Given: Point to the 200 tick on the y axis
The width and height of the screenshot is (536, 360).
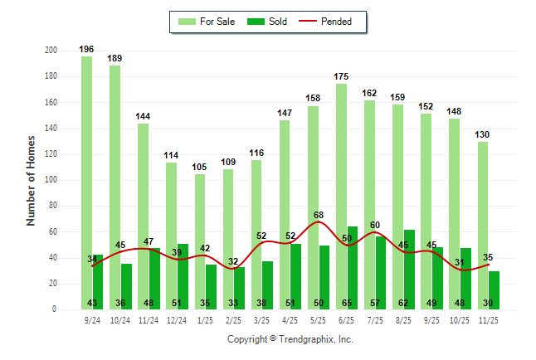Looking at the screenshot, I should coord(51,51).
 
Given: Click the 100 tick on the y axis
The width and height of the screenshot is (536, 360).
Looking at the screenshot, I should coord(51,180).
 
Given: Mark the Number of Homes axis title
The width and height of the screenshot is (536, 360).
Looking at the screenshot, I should coord(32,180).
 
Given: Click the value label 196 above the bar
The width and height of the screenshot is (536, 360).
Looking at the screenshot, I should coord(86,49).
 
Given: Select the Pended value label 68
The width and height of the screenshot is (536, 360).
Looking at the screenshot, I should coord(319,216).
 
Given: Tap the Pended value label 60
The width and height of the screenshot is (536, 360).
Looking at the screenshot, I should coord(375,226).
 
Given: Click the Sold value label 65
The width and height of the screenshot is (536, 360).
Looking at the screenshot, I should coord(347,304).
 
